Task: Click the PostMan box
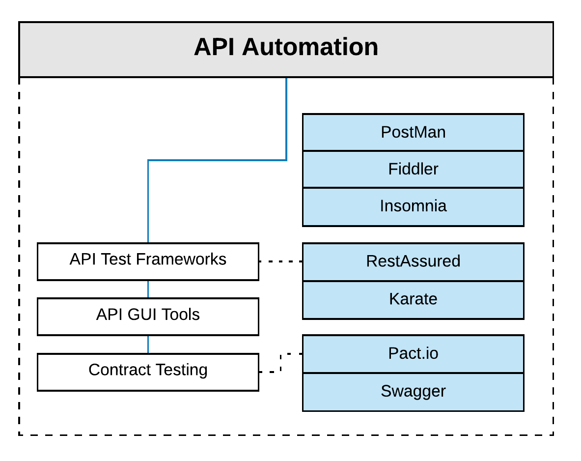[x=413, y=132]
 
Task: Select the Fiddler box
[x=413, y=169]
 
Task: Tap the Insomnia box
[x=413, y=206]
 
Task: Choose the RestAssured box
[x=413, y=261]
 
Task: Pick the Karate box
[x=413, y=299]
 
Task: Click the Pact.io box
[x=413, y=354]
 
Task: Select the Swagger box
[x=413, y=391]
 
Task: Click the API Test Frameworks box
[x=148, y=261]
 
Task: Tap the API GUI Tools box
[x=148, y=316]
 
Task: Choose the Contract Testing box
[x=148, y=372]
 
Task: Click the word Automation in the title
[x=310, y=48]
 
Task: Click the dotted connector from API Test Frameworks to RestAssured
[x=280, y=261]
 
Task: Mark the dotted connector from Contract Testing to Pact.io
[x=280, y=364]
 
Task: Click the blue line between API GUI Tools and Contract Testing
[x=148, y=345]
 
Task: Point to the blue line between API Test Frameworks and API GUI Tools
[x=148, y=289]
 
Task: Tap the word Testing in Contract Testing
[x=182, y=370]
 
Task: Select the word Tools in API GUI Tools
[x=180, y=315]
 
